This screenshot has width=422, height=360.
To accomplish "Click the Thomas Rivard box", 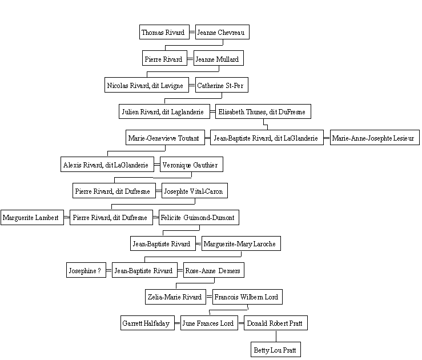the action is pyautogui.click(x=164, y=32).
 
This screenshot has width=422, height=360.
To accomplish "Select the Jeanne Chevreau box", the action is pyautogui.click(x=222, y=32).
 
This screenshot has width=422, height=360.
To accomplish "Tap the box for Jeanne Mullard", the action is pyautogui.click(x=219, y=58).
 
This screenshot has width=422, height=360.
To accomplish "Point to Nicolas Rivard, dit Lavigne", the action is pyautogui.click(x=147, y=85).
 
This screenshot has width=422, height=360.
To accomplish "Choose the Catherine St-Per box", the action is pyautogui.click(x=222, y=85).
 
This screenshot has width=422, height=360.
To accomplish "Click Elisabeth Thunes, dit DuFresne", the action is pyautogui.click(x=263, y=111).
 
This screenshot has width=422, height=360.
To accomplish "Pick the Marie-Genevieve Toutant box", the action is pyautogui.click(x=165, y=138).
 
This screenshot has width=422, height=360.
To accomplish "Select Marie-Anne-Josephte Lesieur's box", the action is pyautogui.click(x=375, y=138).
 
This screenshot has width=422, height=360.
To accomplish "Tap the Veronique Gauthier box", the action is pyautogui.click(x=192, y=164).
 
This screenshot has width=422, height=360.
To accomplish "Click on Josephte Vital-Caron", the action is pyautogui.click(x=195, y=191).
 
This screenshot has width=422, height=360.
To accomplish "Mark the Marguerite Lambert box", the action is pyautogui.click(x=33, y=217).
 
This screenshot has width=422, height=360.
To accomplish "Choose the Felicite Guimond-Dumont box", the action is pyautogui.click(x=199, y=217).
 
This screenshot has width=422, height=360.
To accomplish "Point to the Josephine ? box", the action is pyautogui.click(x=86, y=270).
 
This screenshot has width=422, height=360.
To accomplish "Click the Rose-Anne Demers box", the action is pyautogui.click(x=214, y=270).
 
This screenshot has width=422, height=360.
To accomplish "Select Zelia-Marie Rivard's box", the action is pyautogui.click(x=175, y=297).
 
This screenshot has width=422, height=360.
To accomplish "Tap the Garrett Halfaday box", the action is pyautogui.click(x=147, y=323).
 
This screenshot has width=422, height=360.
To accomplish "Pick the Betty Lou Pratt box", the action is pyautogui.click(x=276, y=350).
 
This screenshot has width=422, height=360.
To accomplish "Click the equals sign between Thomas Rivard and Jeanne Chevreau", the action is pyautogui.click(x=192, y=32).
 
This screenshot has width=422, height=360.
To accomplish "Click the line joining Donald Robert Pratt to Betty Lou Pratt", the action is pyautogui.click(x=276, y=336).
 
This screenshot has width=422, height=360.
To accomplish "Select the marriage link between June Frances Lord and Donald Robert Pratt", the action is pyautogui.click(x=241, y=323).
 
